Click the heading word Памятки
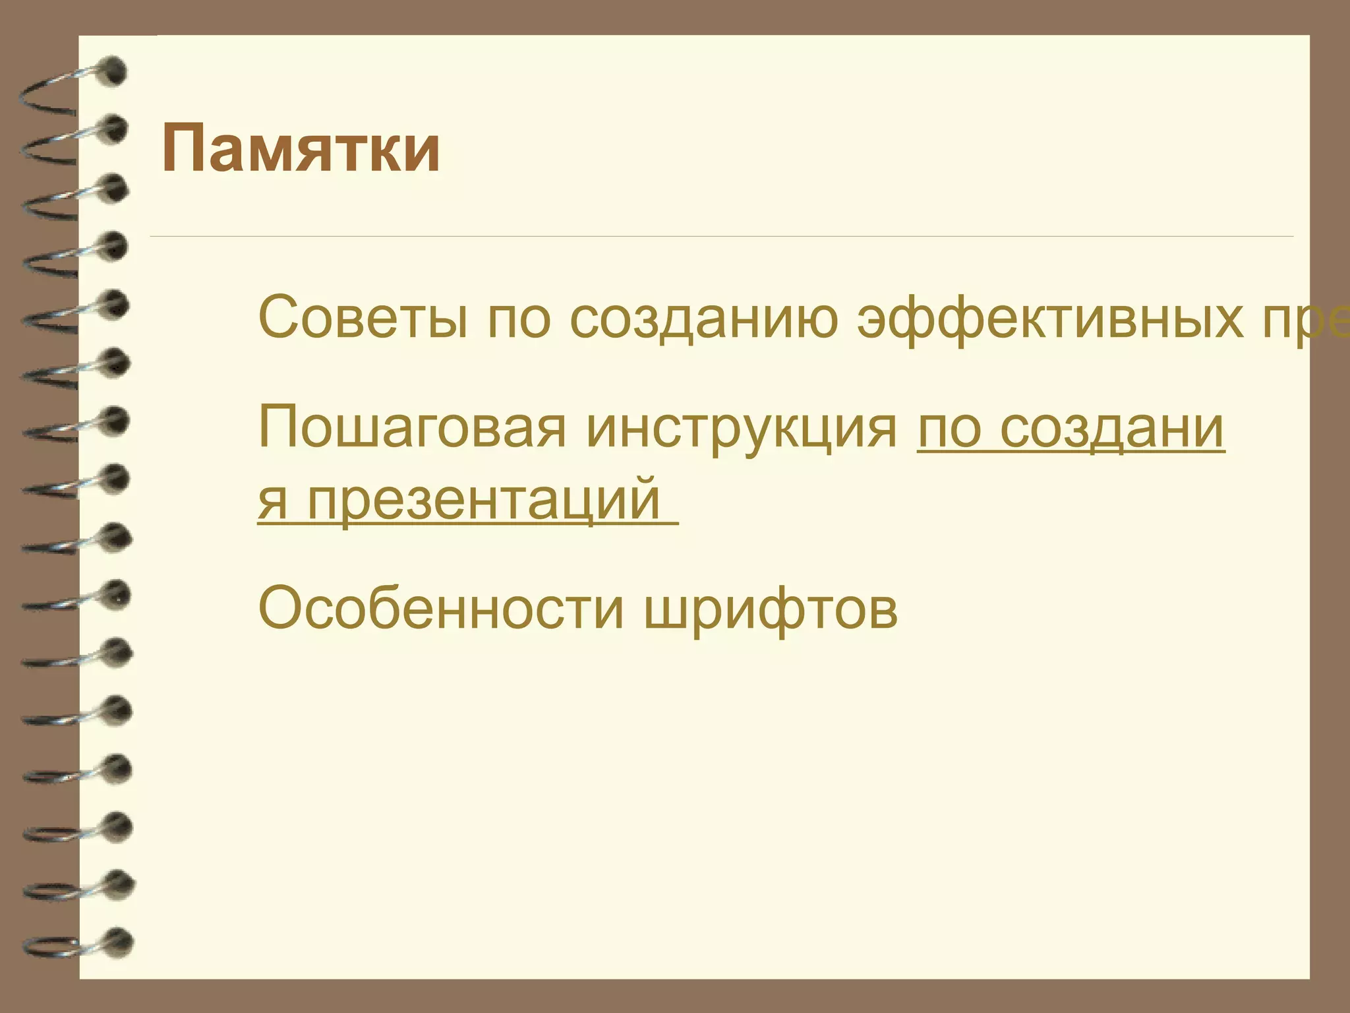pyautogui.click(x=301, y=149)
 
